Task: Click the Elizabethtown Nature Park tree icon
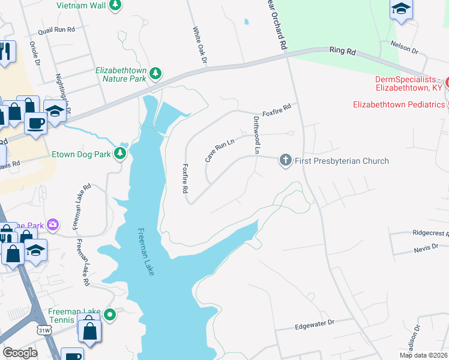click(156, 73)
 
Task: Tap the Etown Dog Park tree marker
click(121, 154)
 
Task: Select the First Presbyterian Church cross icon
click(285, 160)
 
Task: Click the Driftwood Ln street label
click(256, 136)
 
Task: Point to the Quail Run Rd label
click(56, 29)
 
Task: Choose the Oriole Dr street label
click(34, 53)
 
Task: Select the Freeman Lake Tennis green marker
click(110, 314)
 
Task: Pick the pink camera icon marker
click(53, 224)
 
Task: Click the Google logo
click(20, 353)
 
